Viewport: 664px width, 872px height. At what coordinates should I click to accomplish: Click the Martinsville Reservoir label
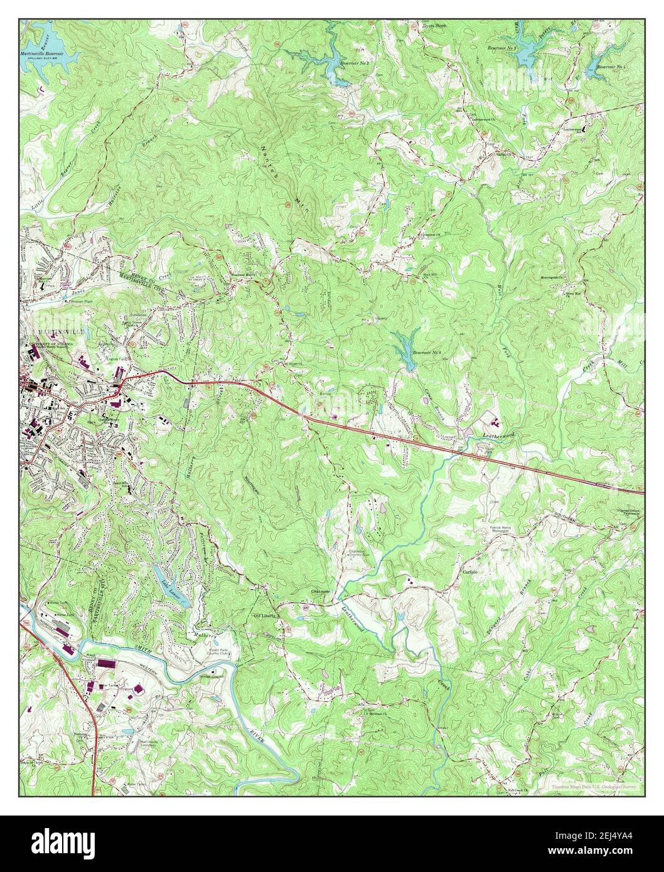48,55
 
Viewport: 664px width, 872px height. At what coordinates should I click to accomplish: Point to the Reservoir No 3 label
503,48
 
